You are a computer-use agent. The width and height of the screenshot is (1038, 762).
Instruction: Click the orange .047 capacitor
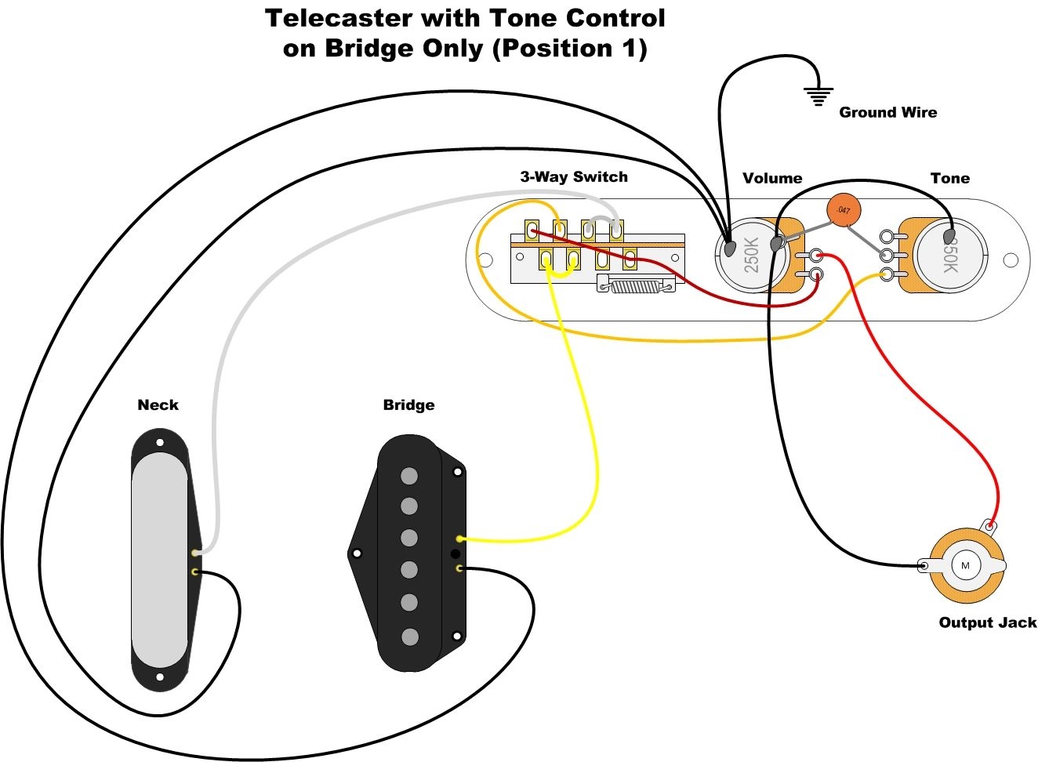pyautogui.click(x=844, y=210)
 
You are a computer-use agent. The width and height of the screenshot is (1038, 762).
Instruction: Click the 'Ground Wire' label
pyautogui.click(x=887, y=112)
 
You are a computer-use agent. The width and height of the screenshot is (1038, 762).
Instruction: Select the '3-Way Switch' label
pyautogui.click(x=574, y=176)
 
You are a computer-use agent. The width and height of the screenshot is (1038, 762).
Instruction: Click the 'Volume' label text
pyautogui.click(x=772, y=178)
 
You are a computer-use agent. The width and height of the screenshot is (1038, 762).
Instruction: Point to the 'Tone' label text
pyautogui.click(x=949, y=178)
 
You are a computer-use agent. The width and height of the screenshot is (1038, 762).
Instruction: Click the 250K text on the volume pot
pyautogui.click(x=751, y=255)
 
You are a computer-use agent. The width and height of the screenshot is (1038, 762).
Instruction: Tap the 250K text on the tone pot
pyautogui.click(x=949, y=256)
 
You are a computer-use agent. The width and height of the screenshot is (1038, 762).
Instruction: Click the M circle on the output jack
pyautogui.click(x=965, y=566)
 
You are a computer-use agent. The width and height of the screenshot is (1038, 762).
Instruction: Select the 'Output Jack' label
pyautogui.click(x=987, y=622)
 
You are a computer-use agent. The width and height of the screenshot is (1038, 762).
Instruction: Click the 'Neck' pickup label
pyautogui.click(x=158, y=405)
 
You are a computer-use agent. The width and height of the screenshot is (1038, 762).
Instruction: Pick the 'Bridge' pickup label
pyautogui.click(x=408, y=405)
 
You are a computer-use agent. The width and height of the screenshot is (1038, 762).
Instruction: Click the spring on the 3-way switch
pyautogui.click(x=636, y=286)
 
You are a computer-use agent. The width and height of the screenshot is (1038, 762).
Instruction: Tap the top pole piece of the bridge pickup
pyautogui.click(x=409, y=475)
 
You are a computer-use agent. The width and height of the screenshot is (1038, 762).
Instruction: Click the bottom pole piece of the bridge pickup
pyautogui.click(x=409, y=637)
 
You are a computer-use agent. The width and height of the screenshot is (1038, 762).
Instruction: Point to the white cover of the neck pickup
pyautogui.click(x=159, y=561)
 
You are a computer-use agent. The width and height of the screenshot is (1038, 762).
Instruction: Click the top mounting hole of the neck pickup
pyautogui.click(x=160, y=442)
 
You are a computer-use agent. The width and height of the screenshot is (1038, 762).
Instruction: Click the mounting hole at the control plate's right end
pyautogui.click(x=1011, y=259)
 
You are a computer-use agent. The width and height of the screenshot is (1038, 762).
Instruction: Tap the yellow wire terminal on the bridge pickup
pyautogui.click(x=459, y=539)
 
